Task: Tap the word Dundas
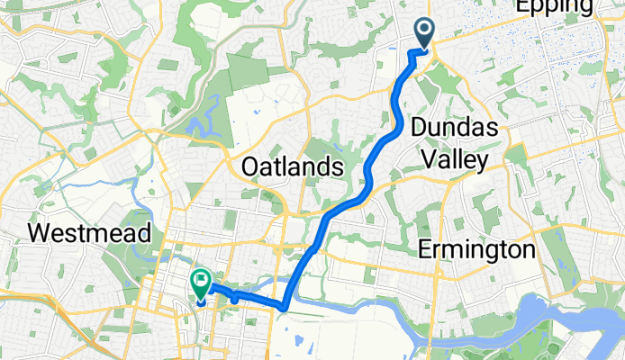[x=455, y=129]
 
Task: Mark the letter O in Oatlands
[x=250, y=166]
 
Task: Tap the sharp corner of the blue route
[x=284, y=308]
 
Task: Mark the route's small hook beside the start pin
[x=413, y=53]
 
